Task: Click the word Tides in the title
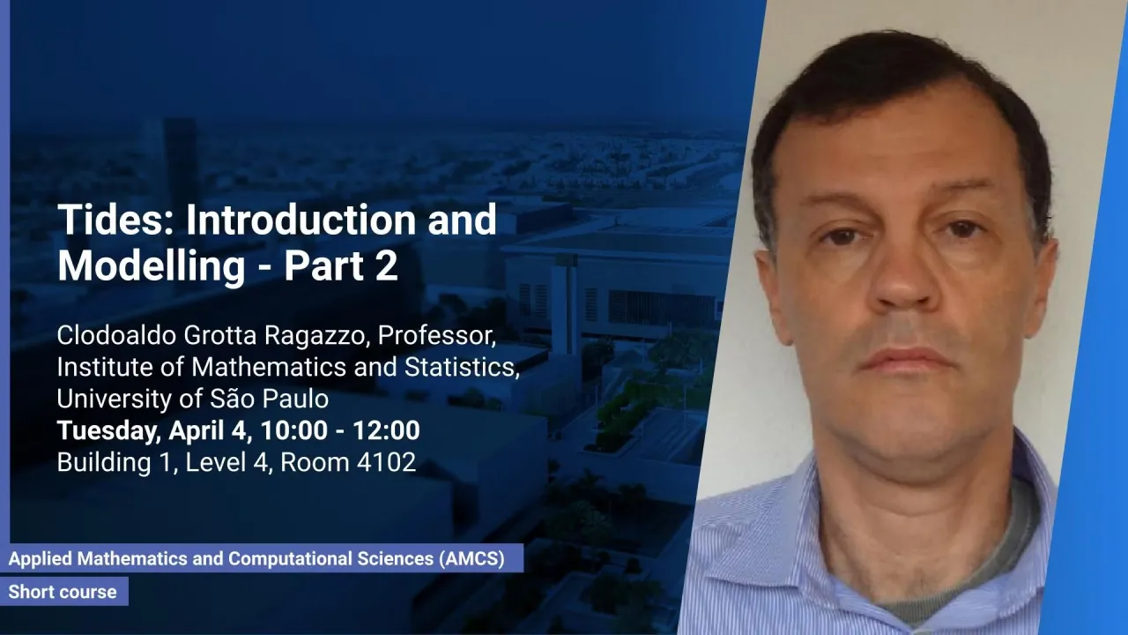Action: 115,220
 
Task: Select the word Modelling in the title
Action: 152,266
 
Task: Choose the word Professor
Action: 436,336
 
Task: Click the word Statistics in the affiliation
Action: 462,367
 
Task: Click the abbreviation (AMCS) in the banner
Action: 471,558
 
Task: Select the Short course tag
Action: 63,591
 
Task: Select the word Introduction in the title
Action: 301,220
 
